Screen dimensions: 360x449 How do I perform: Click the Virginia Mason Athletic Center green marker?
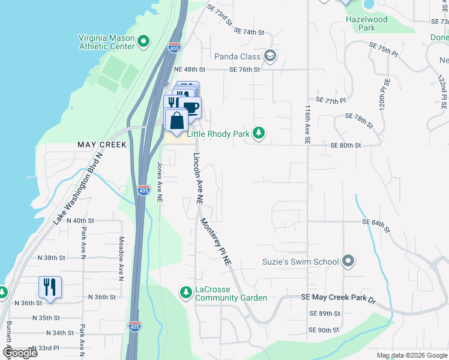[143, 41]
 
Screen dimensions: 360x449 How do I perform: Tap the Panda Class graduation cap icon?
[270, 56]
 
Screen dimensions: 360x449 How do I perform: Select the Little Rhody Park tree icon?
[259, 133]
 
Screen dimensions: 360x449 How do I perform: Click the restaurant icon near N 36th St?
[49, 286]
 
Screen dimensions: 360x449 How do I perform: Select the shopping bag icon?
[176, 121]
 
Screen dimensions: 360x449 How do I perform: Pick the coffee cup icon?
[191, 107]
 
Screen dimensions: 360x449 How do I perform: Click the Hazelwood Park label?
[367, 23]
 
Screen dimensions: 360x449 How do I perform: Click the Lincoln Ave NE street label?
[197, 178]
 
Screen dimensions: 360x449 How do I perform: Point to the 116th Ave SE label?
[307, 124]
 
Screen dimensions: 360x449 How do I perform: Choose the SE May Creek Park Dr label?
[337, 298]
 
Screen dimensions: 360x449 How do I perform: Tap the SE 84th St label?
[376, 225]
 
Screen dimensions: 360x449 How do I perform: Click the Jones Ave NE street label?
[160, 181]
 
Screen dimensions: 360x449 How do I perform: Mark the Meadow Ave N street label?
[121, 258]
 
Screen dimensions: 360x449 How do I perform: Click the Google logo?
[20, 353]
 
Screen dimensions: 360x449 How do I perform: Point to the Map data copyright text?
[411, 355]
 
